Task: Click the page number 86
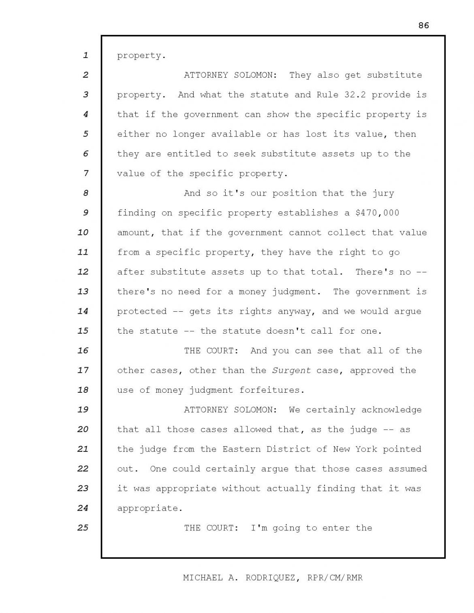coord(423,26)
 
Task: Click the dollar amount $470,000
coord(377,213)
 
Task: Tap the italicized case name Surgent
coord(292,370)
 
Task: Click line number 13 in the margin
coord(83,292)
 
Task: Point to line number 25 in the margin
coord(83,528)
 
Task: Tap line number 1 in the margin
coord(85,55)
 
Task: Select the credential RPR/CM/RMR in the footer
coord(335,578)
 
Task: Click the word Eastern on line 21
coord(241,449)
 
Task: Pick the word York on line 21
coord(366,449)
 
